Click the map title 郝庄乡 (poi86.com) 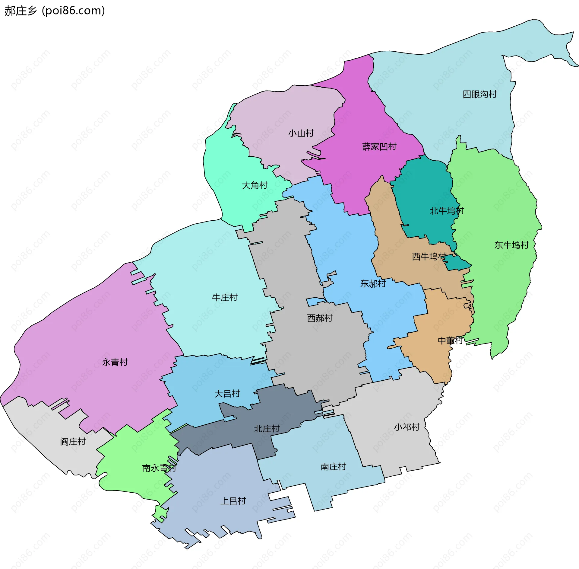[x=55, y=11]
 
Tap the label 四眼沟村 [x=479, y=94]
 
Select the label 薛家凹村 [x=379, y=147]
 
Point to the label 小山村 [x=301, y=133]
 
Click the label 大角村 [x=255, y=185]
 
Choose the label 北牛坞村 [x=447, y=211]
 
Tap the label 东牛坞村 [x=511, y=245]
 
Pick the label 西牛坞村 [x=429, y=257]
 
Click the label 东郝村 [x=373, y=283]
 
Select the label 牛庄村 [x=225, y=298]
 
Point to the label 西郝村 [x=320, y=318]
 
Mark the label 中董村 [x=450, y=340]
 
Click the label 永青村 [x=115, y=362]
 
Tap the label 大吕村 [x=227, y=394]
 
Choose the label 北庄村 [x=267, y=429]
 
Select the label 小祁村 [x=407, y=427]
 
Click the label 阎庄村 [x=73, y=442]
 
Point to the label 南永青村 [x=159, y=468]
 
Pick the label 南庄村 [x=333, y=467]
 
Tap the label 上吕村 [x=233, y=501]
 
